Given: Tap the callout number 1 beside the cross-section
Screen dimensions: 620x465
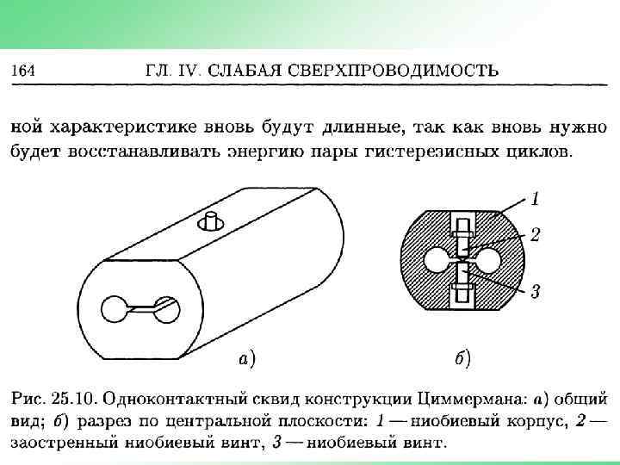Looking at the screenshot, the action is coord(535,200).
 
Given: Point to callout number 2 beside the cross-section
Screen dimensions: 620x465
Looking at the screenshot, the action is coord(535,234).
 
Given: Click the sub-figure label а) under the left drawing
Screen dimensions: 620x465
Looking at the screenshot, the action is coord(246,356).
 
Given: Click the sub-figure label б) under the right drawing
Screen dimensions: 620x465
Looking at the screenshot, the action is coord(462,356).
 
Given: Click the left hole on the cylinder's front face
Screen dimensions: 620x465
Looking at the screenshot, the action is coord(115,309).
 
